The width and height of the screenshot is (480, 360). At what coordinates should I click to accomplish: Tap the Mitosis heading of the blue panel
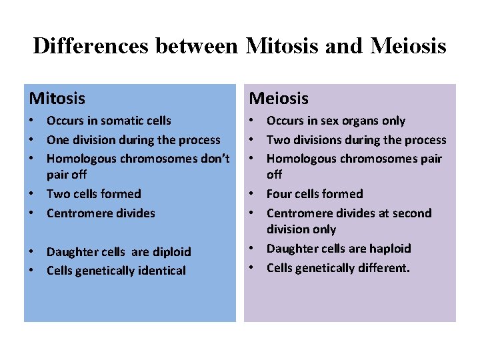click(x=57, y=99)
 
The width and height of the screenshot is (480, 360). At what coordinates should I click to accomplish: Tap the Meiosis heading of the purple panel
click(x=279, y=99)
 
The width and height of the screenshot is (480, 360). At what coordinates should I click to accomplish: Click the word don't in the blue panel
click(x=213, y=159)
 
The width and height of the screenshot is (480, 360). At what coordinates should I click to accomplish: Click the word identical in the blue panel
click(x=162, y=271)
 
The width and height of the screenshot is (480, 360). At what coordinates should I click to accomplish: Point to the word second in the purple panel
click(x=409, y=213)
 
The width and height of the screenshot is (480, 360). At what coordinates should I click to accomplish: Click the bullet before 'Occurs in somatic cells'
click(x=32, y=121)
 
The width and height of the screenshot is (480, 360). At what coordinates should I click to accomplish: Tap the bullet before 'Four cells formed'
click(x=252, y=194)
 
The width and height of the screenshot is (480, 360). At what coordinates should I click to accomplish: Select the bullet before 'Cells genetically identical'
click(x=32, y=271)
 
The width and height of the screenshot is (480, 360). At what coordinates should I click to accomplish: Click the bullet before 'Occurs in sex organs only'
click(x=252, y=121)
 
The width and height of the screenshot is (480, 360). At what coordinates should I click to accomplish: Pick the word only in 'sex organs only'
click(x=393, y=121)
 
